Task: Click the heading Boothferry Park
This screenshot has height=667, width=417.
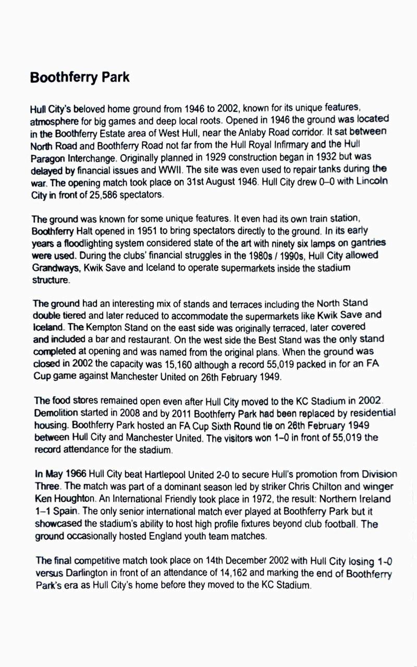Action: [x=80, y=78]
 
